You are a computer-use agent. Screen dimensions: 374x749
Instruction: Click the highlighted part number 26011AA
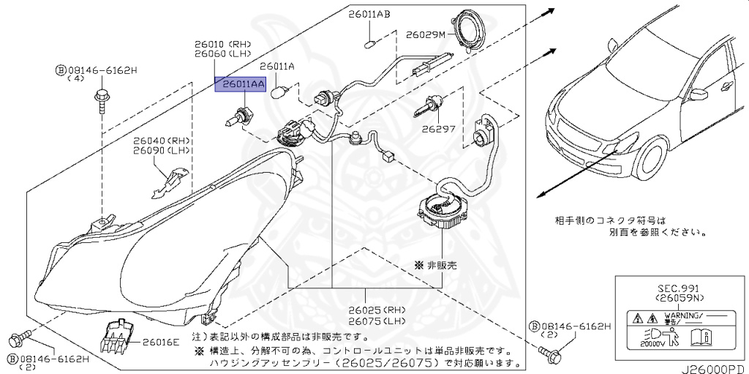tap(239, 85)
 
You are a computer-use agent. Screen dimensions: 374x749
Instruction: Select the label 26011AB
tap(369, 14)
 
